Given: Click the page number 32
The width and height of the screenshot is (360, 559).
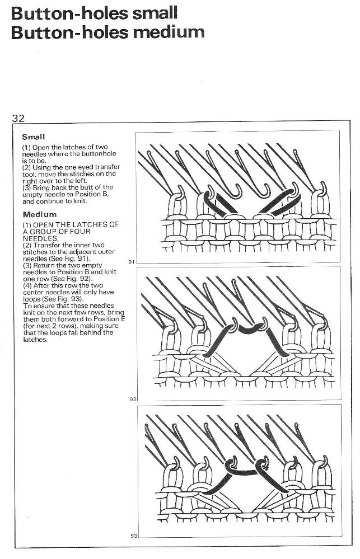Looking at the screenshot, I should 19,118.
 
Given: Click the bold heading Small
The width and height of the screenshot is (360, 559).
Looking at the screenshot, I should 34,137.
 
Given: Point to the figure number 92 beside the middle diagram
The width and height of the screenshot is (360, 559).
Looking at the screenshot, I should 133,399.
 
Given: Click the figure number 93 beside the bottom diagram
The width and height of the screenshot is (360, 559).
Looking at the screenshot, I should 134,535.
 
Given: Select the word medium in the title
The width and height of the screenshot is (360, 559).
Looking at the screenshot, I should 169,31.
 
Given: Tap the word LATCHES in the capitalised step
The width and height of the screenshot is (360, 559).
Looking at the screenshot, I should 86,225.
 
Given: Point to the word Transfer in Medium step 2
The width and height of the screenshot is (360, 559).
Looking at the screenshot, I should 49,245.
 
